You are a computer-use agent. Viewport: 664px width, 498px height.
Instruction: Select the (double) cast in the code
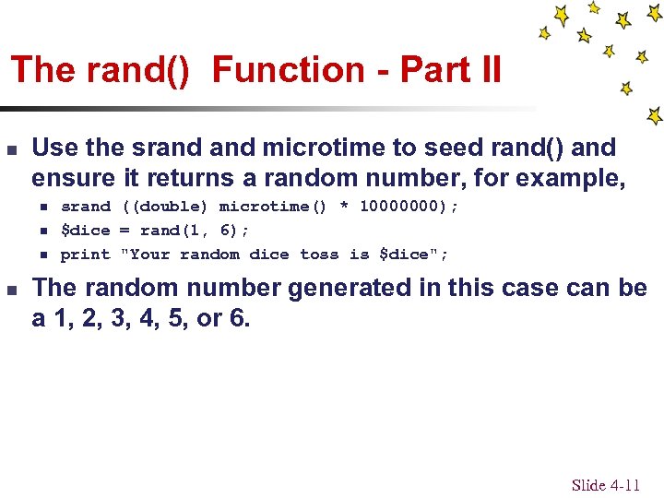165,207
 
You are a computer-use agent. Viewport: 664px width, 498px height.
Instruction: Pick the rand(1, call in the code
174,231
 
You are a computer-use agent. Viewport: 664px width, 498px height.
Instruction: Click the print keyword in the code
85,255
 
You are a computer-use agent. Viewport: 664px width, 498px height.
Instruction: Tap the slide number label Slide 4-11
605,485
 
